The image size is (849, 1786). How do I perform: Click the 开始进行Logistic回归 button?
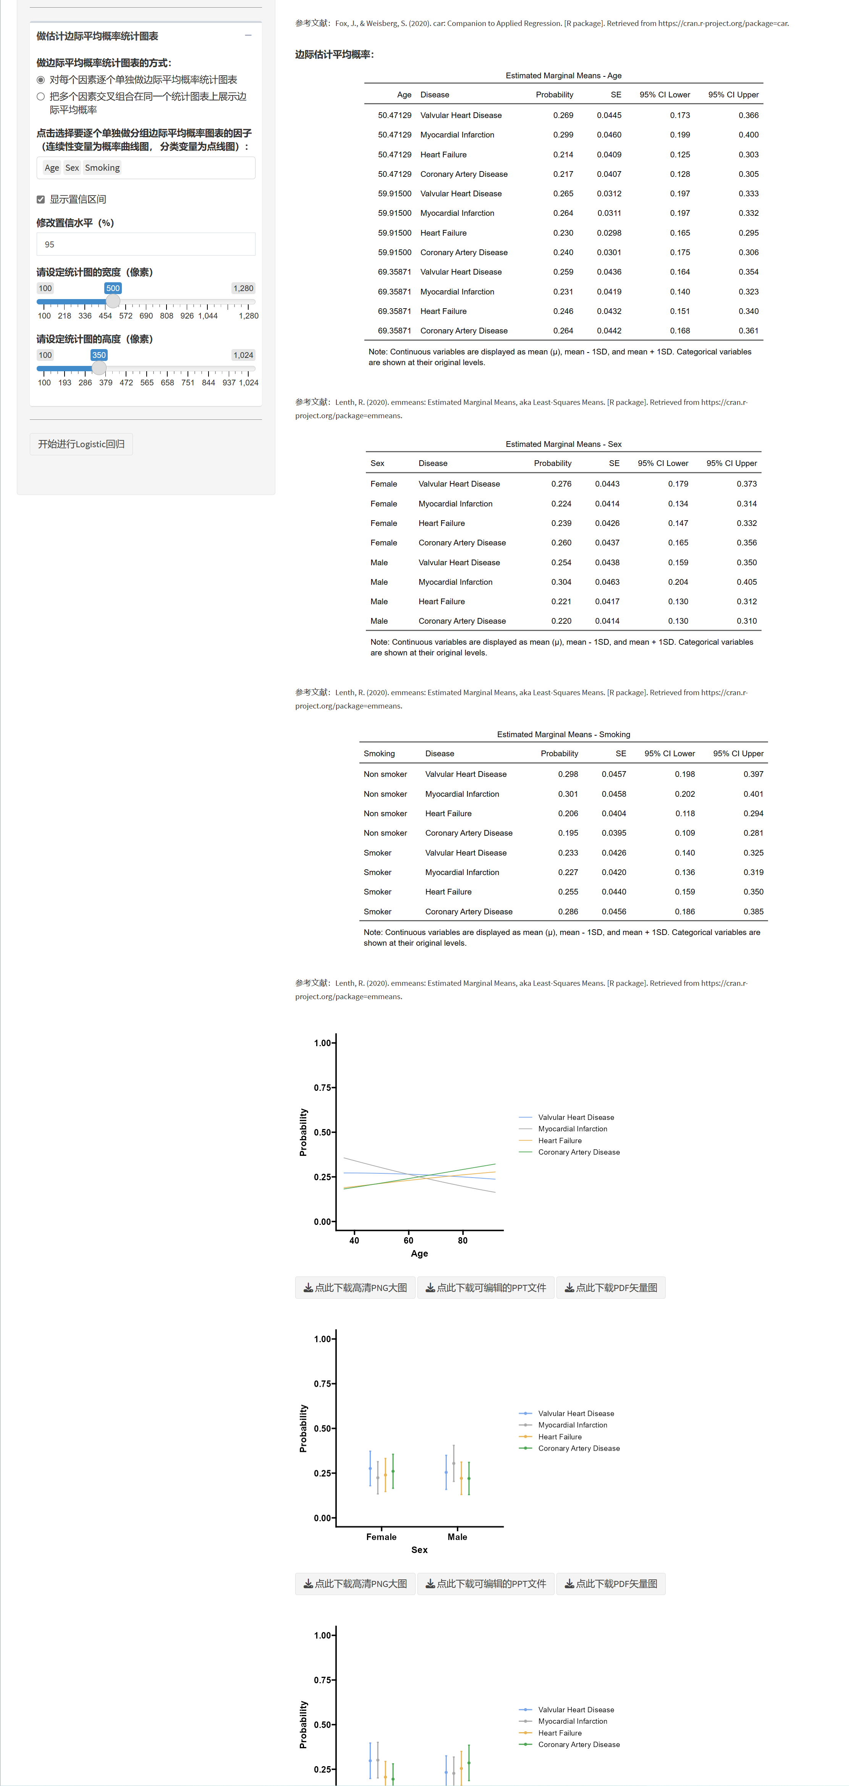81,444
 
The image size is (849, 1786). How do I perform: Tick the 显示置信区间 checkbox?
41,200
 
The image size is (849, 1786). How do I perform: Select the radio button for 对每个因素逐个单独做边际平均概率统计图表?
41,80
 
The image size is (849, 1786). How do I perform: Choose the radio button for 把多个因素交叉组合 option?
41,96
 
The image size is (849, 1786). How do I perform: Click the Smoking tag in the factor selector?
102,168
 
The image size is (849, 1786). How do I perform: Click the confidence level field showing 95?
146,244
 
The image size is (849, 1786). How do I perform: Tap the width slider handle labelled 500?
113,302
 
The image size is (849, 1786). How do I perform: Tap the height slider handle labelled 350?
99,368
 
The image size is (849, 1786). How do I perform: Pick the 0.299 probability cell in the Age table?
563,134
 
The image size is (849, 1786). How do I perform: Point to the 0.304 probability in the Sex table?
561,582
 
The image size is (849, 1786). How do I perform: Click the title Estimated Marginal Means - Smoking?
563,734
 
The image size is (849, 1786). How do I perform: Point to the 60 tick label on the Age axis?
408,1240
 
